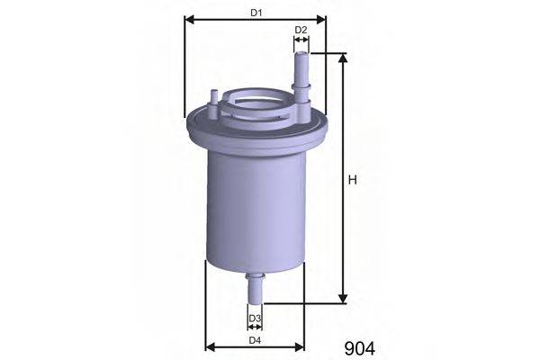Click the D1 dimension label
coord(256,13)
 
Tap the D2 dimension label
coord(301,30)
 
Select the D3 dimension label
coord(256,318)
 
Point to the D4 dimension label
coord(255,340)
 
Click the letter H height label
coord(352,180)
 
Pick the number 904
coord(359,349)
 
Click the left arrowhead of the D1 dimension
coord(190,20)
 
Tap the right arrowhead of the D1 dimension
coord(320,20)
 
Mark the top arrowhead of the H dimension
coord(343,58)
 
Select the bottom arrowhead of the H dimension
coord(343,299)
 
